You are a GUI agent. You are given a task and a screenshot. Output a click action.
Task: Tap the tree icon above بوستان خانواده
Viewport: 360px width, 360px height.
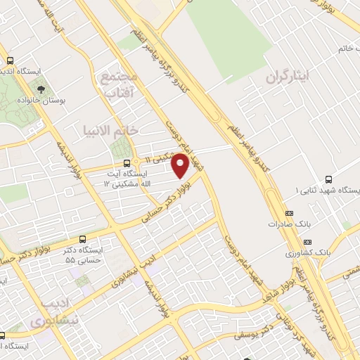point(41,89)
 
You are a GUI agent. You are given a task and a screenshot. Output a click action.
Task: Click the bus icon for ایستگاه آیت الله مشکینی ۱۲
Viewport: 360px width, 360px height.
point(127,162)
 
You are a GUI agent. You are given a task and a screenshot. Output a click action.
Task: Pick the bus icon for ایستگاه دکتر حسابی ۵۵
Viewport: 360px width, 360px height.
point(84,239)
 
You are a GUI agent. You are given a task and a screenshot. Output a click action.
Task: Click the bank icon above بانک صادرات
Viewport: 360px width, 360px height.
point(288,213)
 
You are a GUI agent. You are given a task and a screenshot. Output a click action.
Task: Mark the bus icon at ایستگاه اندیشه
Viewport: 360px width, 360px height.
point(9,60)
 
